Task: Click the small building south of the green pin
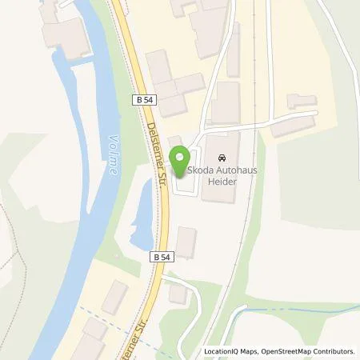pos(186,242)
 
